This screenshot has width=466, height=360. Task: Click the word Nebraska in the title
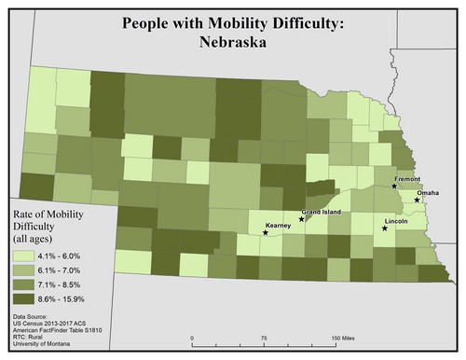pos(232,42)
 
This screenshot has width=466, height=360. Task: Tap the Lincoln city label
pos(397,220)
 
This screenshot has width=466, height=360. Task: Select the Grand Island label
pos(321,212)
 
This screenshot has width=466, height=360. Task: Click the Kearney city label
pos(279,225)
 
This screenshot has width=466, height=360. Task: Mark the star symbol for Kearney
pos(266,233)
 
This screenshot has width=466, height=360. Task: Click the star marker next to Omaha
pos(417,199)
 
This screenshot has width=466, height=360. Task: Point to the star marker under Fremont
pos(395,187)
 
